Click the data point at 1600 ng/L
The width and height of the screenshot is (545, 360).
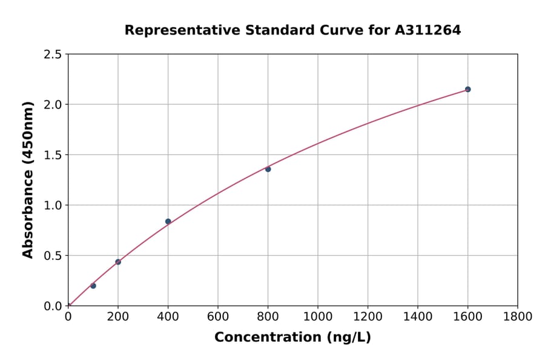467,89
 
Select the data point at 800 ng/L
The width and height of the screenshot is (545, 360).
268,169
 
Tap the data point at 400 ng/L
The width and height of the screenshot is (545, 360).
168,221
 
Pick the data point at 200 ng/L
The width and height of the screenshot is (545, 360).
118,262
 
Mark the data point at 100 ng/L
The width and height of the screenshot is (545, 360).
93,285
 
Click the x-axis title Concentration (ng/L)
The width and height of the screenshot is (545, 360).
292,337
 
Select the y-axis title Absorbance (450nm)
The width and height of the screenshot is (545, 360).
28,179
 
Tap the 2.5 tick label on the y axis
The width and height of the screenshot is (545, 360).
53,55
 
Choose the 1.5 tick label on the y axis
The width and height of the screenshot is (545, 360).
53,155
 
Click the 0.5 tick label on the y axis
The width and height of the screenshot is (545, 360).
53,256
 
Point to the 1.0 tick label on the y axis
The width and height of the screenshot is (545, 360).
53,205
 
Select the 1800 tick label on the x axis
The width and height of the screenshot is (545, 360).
518,316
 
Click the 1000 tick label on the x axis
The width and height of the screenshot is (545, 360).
318,316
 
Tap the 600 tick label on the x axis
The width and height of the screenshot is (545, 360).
218,316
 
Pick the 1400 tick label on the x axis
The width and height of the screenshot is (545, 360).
418,316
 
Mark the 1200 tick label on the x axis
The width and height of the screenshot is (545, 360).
368,316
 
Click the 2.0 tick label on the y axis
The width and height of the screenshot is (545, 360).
53,105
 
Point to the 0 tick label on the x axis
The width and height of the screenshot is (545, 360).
68,316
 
